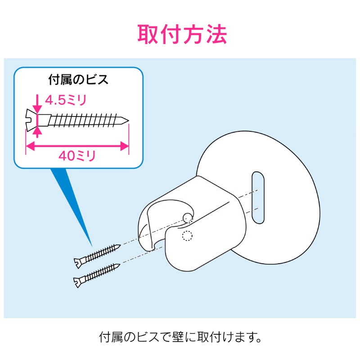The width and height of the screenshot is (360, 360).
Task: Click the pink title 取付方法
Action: click(182, 35)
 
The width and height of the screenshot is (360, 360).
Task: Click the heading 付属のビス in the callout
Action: click(78, 80)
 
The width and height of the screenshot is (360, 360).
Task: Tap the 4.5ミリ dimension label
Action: click(66, 100)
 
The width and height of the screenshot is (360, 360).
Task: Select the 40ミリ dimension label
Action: click(77, 156)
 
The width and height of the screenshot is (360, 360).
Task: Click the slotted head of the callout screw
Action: click(31, 120)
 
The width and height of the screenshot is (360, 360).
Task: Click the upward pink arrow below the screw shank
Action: click(37, 132)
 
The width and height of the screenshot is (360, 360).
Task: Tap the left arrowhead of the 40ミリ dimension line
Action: click(30, 146)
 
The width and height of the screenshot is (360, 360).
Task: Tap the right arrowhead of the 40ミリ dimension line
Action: click(125, 146)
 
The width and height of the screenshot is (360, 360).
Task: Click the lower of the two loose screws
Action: click(97, 275)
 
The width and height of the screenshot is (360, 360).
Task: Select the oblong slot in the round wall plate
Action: click(258, 198)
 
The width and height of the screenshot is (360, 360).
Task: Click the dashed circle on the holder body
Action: click(187, 235)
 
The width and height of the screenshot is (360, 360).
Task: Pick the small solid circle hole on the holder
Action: click(188, 218)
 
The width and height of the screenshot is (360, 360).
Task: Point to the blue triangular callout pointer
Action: click(71, 202)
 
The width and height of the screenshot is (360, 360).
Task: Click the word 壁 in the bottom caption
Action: click(178, 337)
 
